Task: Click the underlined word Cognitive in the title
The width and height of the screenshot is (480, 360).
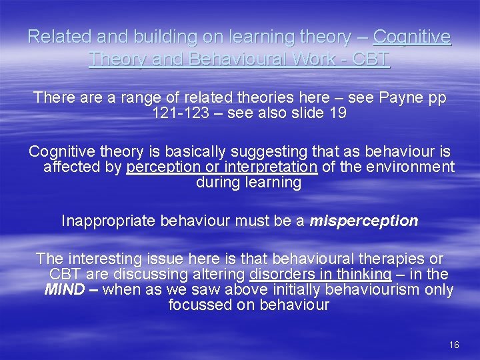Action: [x=412, y=37]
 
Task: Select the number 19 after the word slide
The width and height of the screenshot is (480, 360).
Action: [x=337, y=113]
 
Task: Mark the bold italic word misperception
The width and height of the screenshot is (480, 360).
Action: [x=364, y=221]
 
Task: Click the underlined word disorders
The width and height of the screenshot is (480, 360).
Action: [x=282, y=274]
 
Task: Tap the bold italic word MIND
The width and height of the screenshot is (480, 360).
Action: [x=63, y=290]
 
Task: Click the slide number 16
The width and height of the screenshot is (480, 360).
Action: [x=454, y=345]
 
